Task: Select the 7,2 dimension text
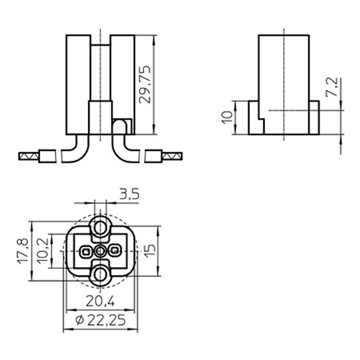coord(331,88)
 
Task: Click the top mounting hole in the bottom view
coord(100,227)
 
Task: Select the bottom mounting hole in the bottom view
coord(100,274)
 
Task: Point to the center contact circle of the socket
coord(100,251)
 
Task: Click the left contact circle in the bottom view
coord(86,251)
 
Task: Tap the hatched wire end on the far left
coord(28,157)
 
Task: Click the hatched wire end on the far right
coord(173,157)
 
